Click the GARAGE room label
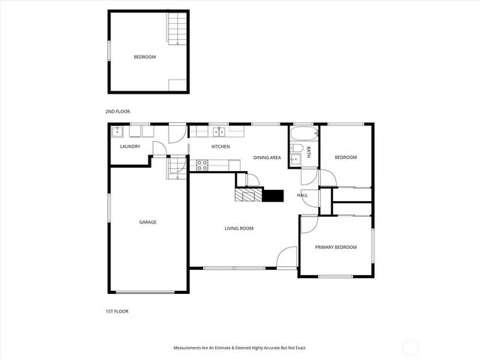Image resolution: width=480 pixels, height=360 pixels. [147, 222]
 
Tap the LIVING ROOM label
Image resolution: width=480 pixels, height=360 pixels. [239, 228]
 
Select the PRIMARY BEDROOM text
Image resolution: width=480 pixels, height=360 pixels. [335, 247]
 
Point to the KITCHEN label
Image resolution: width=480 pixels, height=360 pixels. [220, 146]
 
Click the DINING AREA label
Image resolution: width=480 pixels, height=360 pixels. [267, 157]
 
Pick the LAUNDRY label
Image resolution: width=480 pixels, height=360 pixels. [130, 146]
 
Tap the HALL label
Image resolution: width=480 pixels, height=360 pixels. [302, 195]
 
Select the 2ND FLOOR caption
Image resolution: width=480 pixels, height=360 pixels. [118, 111]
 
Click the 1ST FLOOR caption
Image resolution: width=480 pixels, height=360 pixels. [117, 310]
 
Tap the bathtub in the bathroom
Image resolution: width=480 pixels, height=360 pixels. [304, 135]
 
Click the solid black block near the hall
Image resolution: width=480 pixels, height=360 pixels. [273, 196]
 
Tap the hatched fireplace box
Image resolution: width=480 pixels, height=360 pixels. [247, 196]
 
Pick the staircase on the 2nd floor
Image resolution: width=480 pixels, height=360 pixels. [175, 30]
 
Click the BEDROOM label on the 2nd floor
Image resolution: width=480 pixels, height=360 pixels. [145, 57]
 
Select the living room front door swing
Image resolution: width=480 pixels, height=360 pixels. [287, 256]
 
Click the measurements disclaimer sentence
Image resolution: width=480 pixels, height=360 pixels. [240, 348]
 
